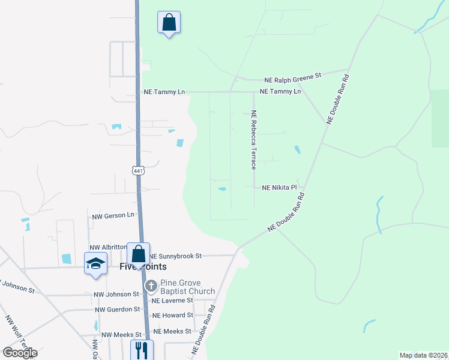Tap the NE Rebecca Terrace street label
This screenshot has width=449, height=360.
point(254,139)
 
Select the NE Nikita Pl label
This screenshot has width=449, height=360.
point(280,188)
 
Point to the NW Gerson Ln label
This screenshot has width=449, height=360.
point(113,215)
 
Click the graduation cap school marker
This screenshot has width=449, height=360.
point(96,264)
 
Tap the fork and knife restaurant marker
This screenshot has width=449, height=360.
point(142,350)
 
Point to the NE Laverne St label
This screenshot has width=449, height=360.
point(172,301)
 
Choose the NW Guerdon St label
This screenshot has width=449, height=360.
point(117,310)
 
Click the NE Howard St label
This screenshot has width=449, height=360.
point(173,315)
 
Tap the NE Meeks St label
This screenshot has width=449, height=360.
point(172,331)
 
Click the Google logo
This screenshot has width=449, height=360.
point(20,353)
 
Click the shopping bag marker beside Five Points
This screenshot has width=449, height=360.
point(139,254)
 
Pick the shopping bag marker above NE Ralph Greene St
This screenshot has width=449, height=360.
point(169,23)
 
